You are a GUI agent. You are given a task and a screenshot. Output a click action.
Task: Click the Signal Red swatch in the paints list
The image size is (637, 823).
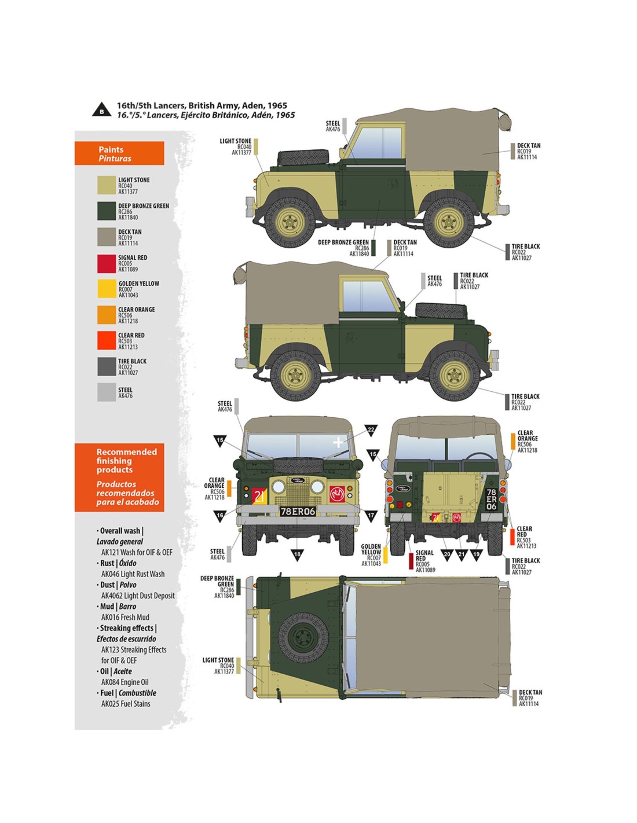(107, 263)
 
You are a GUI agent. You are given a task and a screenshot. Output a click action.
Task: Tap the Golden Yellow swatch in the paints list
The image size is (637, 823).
(107, 289)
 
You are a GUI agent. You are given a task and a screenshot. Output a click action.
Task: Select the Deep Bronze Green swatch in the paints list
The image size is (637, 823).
(107, 211)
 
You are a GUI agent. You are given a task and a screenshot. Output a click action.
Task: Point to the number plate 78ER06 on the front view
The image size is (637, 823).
(298, 512)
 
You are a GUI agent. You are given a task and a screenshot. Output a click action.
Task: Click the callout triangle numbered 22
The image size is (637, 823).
(371, 430)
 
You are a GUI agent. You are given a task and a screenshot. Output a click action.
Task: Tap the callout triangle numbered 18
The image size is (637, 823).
(297, 554)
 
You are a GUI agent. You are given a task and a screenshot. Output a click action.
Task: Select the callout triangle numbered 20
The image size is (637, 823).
(446, 554)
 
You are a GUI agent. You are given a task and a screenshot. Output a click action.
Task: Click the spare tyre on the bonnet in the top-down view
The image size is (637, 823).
(303, 637)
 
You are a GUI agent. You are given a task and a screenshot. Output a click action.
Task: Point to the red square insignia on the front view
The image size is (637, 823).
(338, 494)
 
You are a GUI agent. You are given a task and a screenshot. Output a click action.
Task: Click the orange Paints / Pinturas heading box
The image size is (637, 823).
(119, 153)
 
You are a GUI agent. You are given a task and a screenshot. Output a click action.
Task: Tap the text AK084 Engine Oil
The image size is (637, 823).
(125, 682)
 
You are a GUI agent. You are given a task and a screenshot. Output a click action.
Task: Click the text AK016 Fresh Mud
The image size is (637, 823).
(125, 618)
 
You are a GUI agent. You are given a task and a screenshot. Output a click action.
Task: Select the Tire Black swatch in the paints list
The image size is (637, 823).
(107, 366)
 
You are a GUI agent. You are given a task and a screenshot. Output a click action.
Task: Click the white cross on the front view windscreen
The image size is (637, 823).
(338, 443)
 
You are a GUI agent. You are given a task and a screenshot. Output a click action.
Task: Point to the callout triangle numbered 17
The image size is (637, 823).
(371, 515)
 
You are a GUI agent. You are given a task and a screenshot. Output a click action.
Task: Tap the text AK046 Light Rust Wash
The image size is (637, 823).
(133, 574)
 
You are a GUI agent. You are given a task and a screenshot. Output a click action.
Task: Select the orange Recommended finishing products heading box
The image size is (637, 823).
(119, 477)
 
